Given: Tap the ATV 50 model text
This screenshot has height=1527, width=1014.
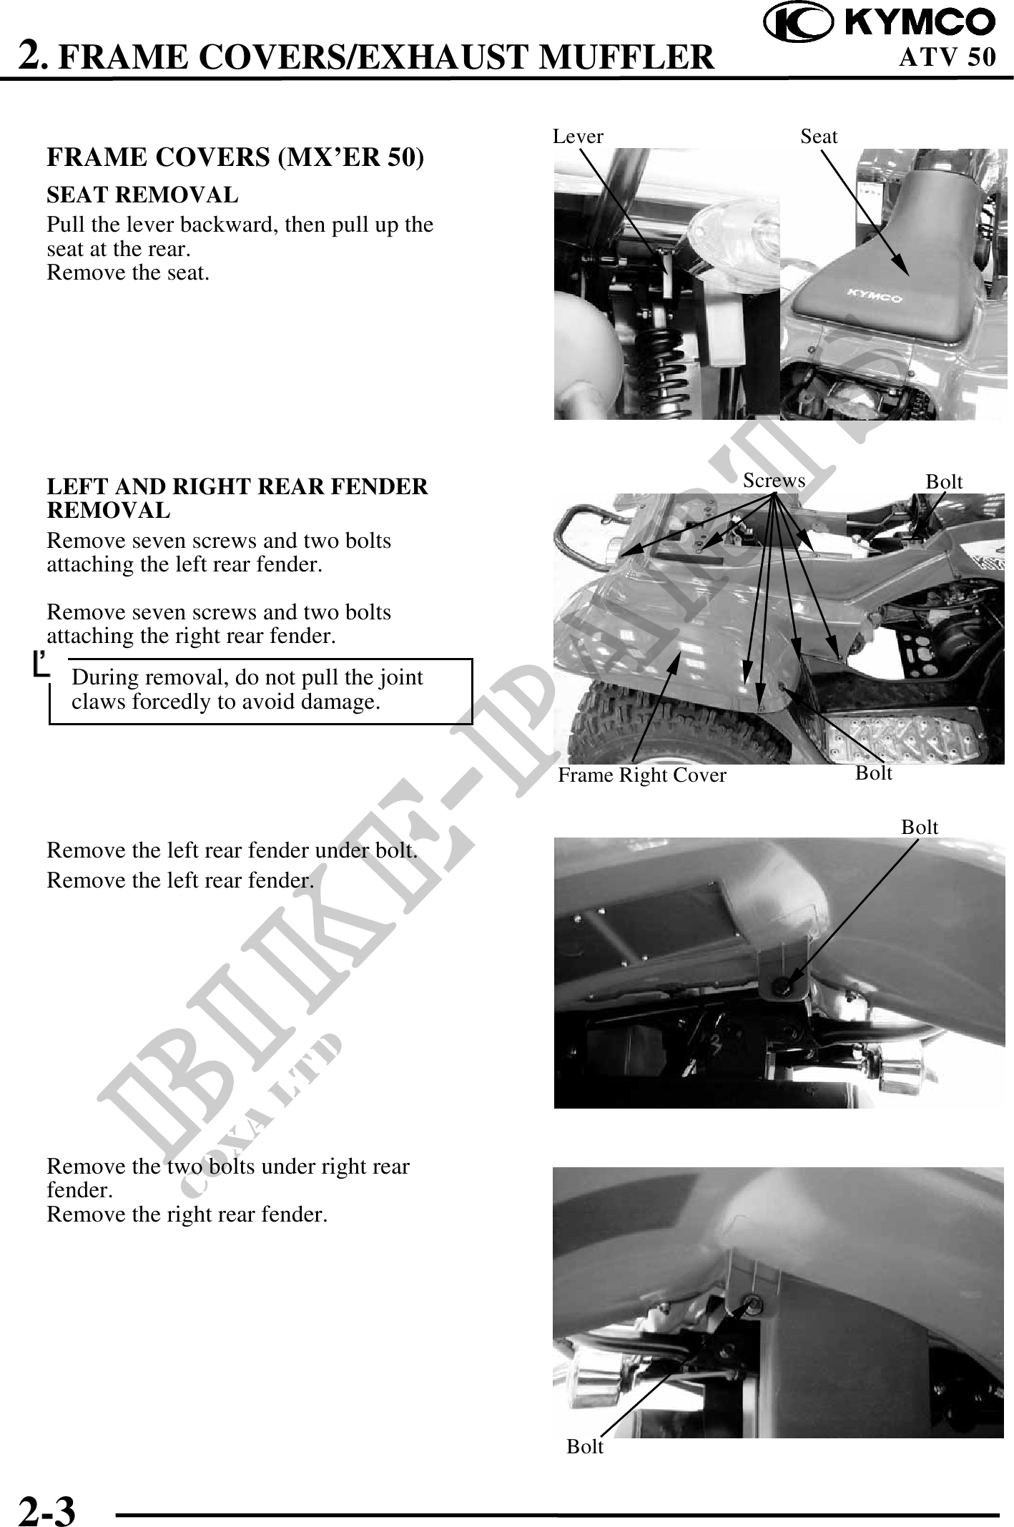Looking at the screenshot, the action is [947, 57].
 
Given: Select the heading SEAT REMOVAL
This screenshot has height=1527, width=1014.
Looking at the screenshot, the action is [142, 195].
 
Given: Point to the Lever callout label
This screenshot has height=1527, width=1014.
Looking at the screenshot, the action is [578, 136].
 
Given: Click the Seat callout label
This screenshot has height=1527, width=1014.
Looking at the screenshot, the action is [819, 136].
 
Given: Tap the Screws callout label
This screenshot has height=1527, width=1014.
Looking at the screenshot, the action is [774, 481].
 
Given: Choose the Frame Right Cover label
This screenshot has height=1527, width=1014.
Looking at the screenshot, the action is [642, 775].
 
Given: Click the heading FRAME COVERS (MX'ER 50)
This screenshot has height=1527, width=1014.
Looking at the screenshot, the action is [235, 158].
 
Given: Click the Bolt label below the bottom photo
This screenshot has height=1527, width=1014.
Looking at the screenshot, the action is [585, 1446].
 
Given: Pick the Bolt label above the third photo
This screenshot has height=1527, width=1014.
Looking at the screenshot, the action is [920, 827].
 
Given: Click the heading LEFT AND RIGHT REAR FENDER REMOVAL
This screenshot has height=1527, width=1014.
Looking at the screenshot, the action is [237, 499].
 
